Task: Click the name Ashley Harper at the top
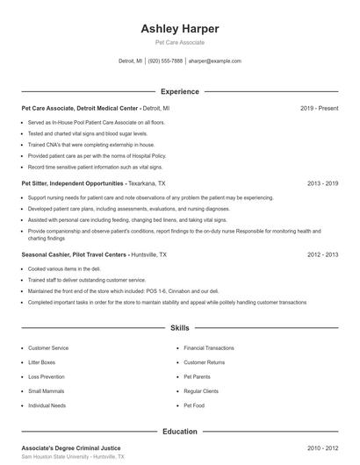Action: (180, 28)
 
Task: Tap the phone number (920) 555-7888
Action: (165, 61)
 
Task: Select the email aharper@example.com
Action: (214, 61)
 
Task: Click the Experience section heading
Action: (180, 91)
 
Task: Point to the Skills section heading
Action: (180, 328)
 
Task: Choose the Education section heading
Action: (180, 432)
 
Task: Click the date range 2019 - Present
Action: (319, 108)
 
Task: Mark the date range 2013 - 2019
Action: (322, 183)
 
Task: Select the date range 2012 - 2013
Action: (322, 254)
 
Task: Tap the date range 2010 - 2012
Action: (322, 447)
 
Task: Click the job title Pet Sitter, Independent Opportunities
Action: (72, 183)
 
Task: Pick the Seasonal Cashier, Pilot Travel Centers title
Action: (75, 254)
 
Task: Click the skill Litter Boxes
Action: (42, 362)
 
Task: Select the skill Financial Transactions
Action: (209, 347)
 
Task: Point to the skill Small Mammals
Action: (46, 391)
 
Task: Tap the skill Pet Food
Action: (193, 406)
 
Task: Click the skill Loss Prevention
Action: (47, 377)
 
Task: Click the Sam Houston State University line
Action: (72, 457)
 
